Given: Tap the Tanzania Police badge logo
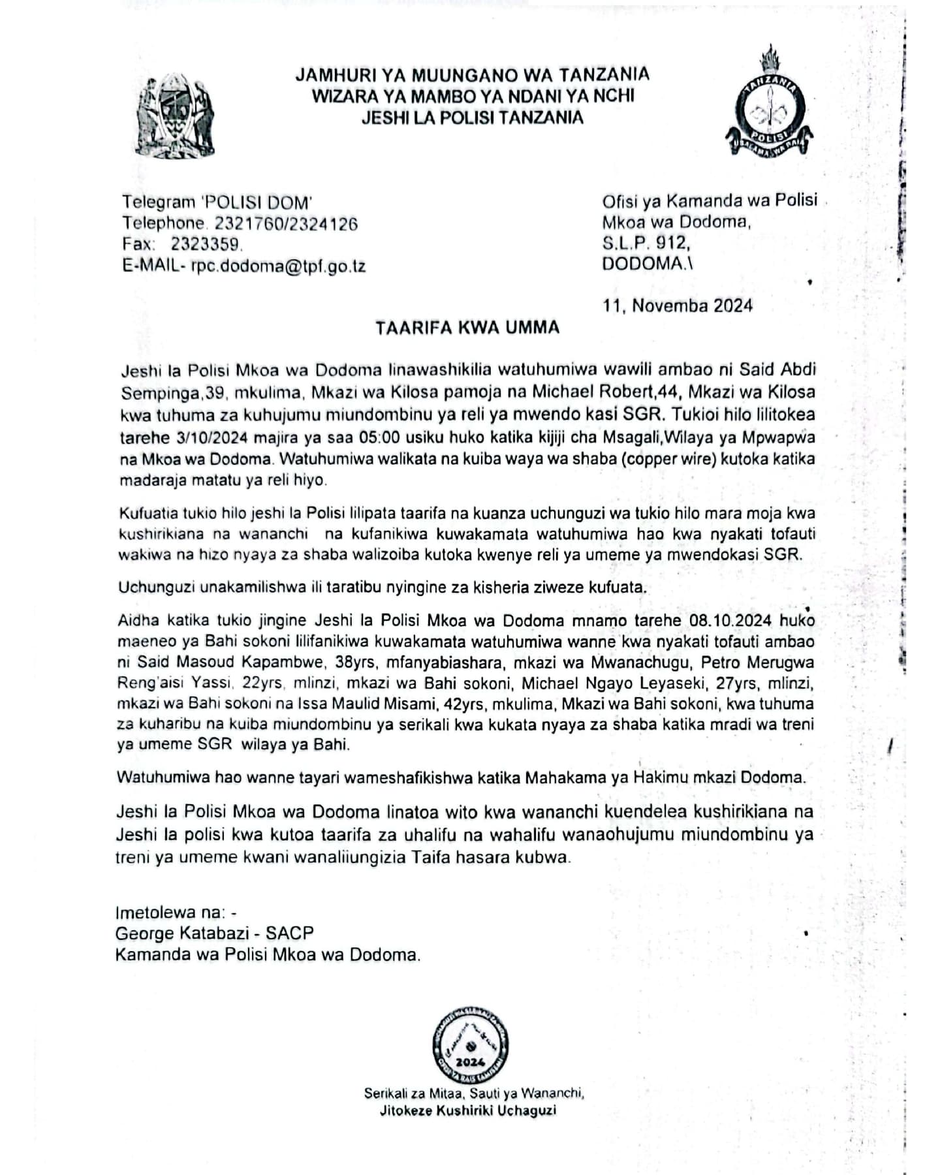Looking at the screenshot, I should pos(770,104).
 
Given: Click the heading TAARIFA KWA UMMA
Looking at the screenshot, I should pos(467,328).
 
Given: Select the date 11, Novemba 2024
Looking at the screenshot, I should pos(678,305).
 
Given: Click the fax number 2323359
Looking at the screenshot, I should pos(206,245).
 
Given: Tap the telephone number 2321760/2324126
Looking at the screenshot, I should pos(286,224).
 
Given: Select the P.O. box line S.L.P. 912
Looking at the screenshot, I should pos(646,243).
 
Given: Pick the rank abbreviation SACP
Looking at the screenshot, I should pos(290,933).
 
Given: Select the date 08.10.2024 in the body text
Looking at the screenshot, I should pos(730,620).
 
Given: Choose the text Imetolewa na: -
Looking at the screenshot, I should pos(176,912).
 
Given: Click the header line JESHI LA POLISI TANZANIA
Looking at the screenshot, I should pos(472,118).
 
